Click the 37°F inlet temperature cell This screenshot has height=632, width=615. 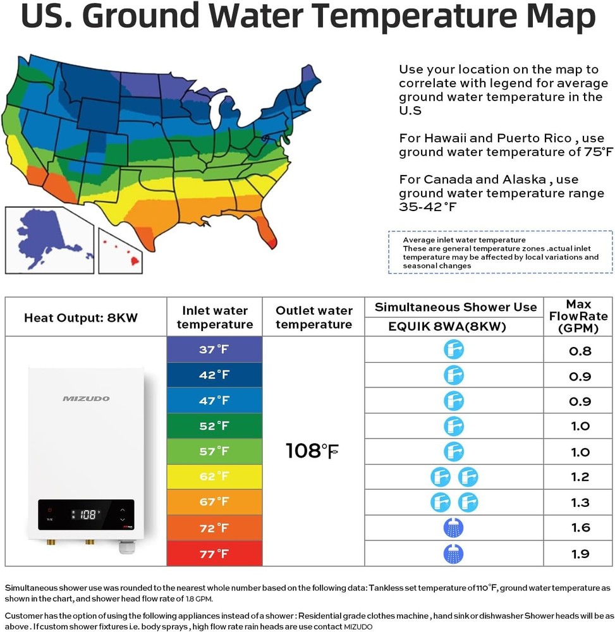click(214, 349)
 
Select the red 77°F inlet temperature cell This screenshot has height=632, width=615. click(214, 554)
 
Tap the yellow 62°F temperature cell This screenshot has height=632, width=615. click(214, 477)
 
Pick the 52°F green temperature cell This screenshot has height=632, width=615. click(214, 426)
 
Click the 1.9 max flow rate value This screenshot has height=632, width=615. click(580, 554)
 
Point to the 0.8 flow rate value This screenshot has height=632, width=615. click(580, 351)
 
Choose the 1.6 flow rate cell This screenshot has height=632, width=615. click(580, 528)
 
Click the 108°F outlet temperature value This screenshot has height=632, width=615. click(313, 451)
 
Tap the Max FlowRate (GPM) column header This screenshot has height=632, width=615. click(579, 317)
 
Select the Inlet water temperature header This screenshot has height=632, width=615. click(214, 317)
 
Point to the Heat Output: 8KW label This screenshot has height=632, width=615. click(80, 317)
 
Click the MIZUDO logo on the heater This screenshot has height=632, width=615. click(86, 398)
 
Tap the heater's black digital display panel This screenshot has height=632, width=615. click(86, 514)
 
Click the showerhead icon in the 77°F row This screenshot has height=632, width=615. click(453, 554)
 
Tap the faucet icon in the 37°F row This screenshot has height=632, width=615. click(453, 349)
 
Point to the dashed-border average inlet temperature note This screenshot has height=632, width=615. click(500, 252)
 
